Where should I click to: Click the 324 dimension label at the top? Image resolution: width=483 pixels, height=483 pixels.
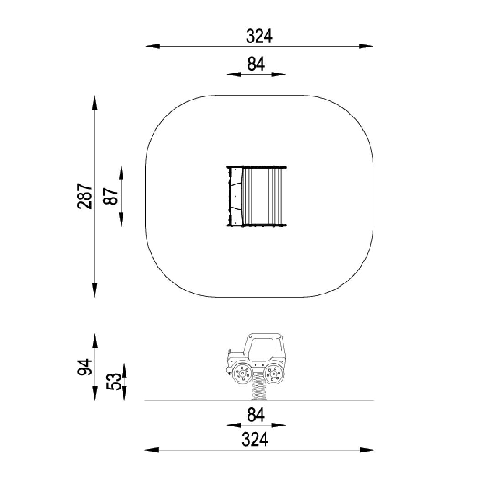coord(259,36)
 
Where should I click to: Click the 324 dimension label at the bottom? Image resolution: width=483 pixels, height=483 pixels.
coord(255,439)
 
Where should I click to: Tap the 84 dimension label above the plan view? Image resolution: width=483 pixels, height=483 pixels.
coord(256,64)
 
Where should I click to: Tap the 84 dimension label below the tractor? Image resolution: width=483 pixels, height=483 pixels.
coord(256,415)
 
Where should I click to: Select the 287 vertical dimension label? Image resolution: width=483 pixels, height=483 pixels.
coord(84,196)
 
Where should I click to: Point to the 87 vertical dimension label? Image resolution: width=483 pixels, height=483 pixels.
coord(111,196)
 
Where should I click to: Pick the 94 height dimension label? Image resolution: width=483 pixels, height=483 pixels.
coord(84,367)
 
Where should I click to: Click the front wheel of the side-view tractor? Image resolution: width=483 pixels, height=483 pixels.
coord(242,373)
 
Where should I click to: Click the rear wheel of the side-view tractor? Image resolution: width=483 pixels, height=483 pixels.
coord(274,373)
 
